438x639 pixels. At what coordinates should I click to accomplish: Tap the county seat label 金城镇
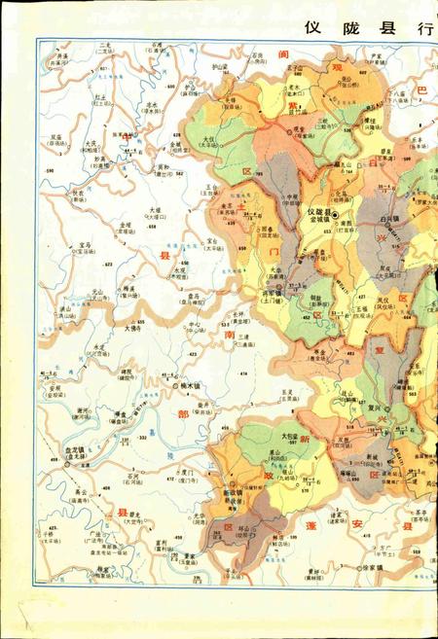tap(322, 221)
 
